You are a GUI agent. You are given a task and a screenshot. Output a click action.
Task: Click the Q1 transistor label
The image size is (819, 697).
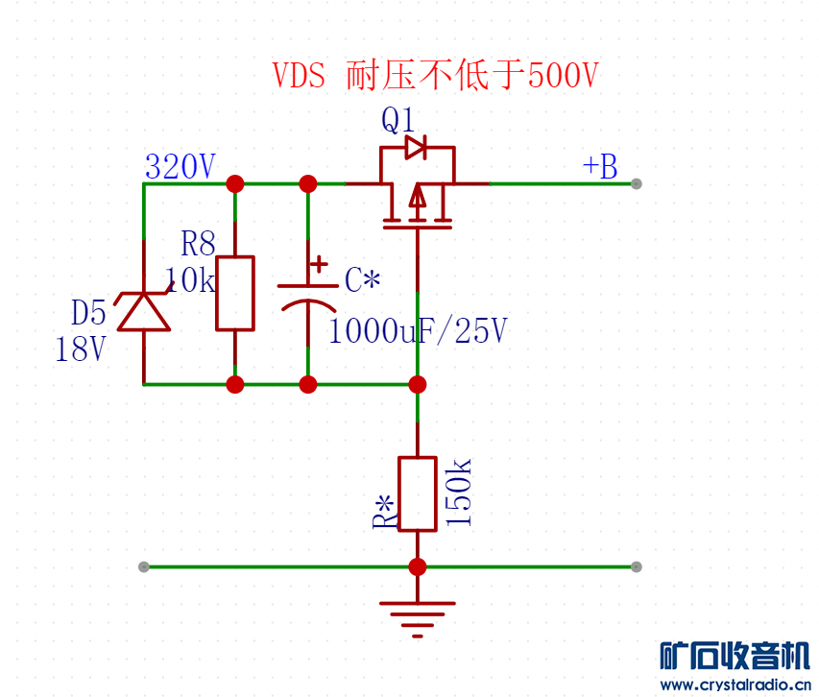coord(398,120)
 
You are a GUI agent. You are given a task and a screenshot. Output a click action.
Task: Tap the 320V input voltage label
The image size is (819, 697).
coord(181,166)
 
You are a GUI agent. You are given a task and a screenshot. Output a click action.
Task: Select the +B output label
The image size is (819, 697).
coord(600,166)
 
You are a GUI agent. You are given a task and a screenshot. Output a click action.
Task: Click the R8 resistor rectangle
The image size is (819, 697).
coord(235,293)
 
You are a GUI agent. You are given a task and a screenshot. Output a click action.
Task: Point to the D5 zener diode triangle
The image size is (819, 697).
coord(144,312)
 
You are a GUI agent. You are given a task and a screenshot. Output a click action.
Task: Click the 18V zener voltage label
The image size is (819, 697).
coord(81,348)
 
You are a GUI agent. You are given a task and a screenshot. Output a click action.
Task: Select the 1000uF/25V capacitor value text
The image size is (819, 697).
coord(418,330)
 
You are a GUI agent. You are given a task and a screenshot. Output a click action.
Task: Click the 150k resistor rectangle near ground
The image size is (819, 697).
coord(418,493)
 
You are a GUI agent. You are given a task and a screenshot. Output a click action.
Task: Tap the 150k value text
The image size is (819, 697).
coord(459,492)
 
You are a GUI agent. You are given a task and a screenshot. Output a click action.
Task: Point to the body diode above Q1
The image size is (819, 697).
coord(416,147)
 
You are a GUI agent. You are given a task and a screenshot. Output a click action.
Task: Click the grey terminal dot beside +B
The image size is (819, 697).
coord(637,183)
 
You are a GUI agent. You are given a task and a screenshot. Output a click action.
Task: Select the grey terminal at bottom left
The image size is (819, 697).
coord(144,567)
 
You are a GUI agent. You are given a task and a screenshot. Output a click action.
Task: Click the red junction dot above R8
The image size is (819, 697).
coord(235,183)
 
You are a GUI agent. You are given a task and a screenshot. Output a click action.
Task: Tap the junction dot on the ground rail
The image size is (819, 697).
coord(418,567)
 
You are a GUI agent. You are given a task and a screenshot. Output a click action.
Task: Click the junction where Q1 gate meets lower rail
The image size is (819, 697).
coord(418,385)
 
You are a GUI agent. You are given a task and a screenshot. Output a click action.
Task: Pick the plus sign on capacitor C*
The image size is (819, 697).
coord(319,264)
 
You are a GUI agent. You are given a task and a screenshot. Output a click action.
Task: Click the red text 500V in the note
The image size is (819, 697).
coord(563,75)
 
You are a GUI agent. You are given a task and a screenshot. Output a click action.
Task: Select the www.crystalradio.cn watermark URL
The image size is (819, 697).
coord(735,685)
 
